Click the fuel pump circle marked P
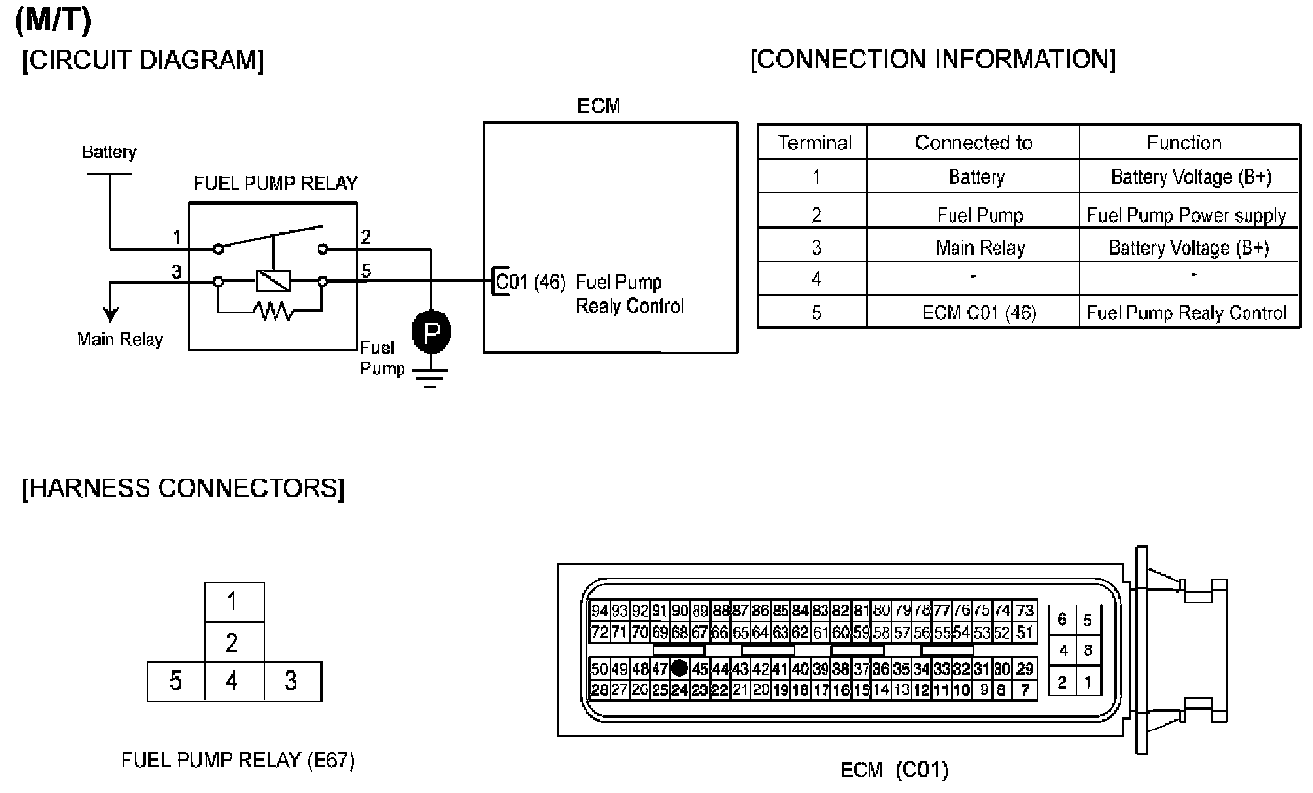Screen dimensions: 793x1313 click(431, 333)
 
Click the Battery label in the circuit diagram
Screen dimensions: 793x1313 click(109, 152)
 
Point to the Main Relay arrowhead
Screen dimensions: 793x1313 click(111, 313)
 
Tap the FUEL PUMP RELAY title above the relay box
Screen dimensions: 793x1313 click(275, 184)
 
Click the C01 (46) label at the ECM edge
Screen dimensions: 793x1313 click(530, 282)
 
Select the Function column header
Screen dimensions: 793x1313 click(1184, 143)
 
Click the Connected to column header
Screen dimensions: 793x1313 click(973, 143)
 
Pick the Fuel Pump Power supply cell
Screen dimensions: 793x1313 click(1186, 215)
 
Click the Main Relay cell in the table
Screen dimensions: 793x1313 click(980, 248)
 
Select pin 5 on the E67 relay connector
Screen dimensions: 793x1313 click(176, 680)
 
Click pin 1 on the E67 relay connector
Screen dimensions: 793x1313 click(233, 601)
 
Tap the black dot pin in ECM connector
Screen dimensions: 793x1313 click(680, 670)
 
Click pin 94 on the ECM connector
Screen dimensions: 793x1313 click(600, 611)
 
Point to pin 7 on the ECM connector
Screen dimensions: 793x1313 click(1024, 690)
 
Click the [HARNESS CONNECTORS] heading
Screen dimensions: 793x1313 click(183, 488)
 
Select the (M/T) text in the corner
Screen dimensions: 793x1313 click(54, 19)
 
